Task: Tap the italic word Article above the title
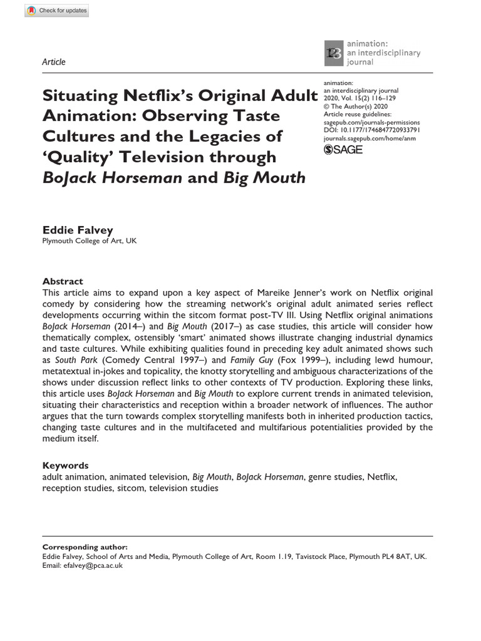click(x=53, y=61)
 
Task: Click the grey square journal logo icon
click(x=333, y=53)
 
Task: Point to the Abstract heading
click(x=63, y=281)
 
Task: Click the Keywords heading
click(x=65, y=465)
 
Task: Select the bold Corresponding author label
click(x=85, y=546)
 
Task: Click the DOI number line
click(x=371, y=130)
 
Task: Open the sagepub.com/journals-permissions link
click(x=371, y=123)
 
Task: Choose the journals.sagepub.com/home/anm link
click(x=371, y=138)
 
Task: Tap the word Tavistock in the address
click(x=297, y=556)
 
